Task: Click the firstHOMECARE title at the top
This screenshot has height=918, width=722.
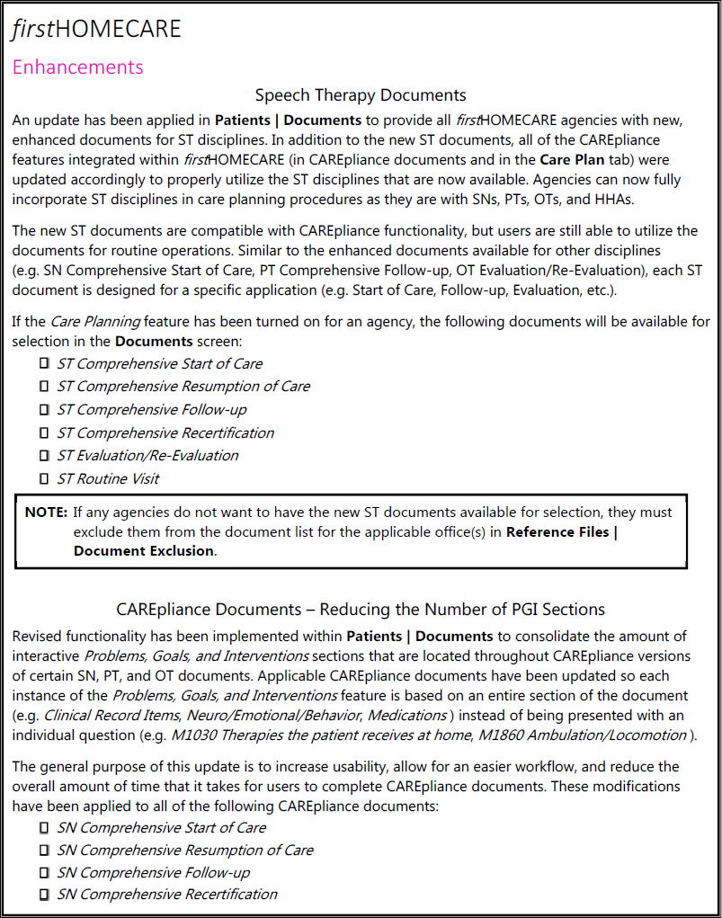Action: (96, 29)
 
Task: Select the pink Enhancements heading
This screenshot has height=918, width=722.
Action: (77, 67)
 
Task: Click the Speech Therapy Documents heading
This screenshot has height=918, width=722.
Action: (361, 95)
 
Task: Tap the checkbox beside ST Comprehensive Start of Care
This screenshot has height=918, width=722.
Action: (43, 363)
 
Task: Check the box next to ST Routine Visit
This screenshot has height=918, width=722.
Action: (43, 478)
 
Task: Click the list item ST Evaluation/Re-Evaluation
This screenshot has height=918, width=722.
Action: (147, 455)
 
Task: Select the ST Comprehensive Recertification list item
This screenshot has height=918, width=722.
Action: (165, 432)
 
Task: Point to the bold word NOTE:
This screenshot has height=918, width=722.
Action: (46, 512)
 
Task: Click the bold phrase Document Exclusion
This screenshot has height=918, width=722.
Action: (144, 551)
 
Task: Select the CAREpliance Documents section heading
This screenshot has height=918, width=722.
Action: (361, 611)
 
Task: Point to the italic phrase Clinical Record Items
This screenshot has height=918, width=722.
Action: (106, 716)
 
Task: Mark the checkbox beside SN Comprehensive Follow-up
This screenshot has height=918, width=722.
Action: (43, 872)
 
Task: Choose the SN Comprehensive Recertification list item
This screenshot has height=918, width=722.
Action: (167, 895)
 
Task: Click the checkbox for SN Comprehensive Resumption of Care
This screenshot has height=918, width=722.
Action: (43, 850)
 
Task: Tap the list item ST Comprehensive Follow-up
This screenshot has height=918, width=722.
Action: (151, 409)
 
